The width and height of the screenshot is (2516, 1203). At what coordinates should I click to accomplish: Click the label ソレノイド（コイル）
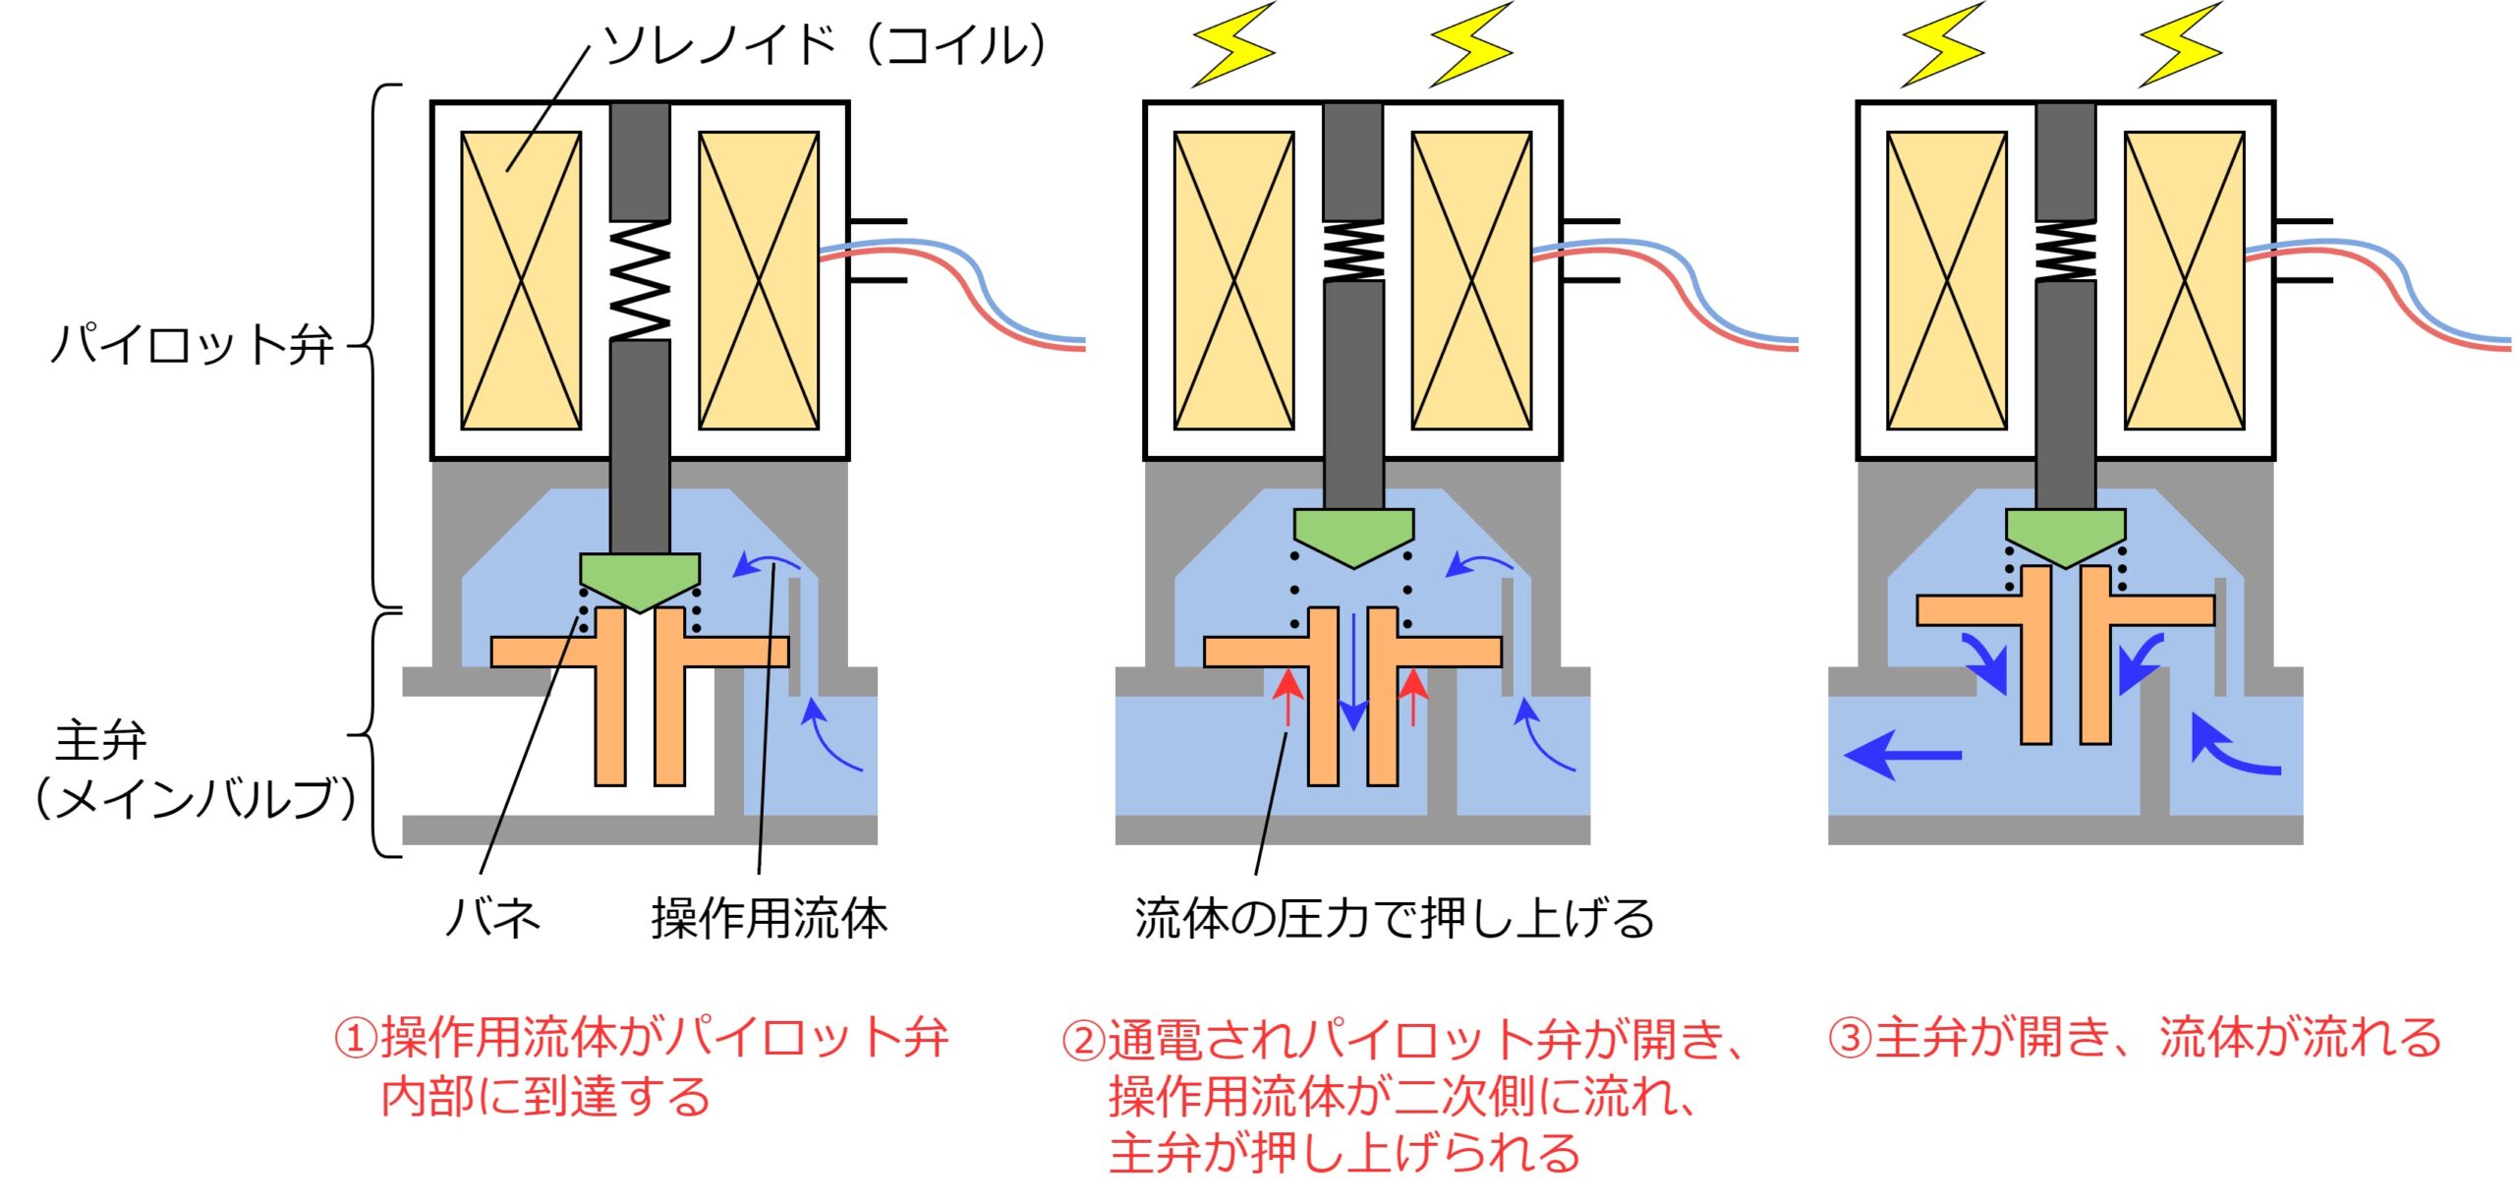click(824, 45)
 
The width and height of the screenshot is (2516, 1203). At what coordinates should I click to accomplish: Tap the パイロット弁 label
click(193, 345)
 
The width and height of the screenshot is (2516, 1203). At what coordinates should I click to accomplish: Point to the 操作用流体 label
click(770, 918)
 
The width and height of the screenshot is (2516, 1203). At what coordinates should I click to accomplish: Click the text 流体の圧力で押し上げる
click(1394, 918)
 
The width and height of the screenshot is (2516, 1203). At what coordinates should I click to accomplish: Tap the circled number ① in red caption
click(356, 1039)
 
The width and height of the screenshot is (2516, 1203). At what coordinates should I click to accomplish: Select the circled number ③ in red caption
click(1850, 1039)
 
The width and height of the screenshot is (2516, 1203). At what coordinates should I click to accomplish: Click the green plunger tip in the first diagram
click(640, 579)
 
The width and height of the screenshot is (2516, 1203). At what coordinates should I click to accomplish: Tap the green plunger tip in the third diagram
click(2065, 535)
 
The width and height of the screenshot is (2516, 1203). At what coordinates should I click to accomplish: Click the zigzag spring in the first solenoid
click(640, 281)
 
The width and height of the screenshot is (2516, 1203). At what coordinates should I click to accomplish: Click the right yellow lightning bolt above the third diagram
click(2181, 45)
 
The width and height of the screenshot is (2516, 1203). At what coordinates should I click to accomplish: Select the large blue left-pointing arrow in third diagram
click(1902, 755)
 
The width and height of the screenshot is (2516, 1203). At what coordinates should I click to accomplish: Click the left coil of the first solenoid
click(521, 281)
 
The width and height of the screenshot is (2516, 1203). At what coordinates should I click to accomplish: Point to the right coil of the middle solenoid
click(1471, 281)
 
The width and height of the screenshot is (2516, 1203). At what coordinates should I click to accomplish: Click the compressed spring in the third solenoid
click(2065, 252)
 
